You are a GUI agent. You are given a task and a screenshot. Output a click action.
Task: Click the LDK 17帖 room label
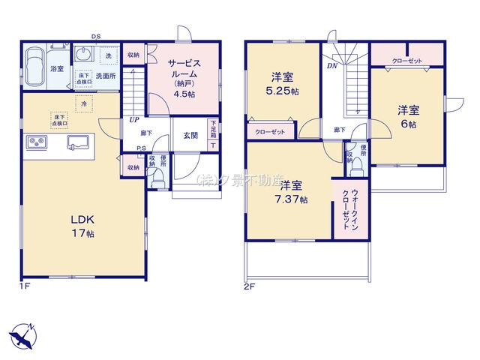point(82,225)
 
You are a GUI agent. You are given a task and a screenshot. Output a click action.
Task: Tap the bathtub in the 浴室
point(34,69)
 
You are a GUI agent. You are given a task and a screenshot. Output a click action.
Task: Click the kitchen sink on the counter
point(79,142)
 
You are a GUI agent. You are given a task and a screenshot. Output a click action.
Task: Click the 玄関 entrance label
point(190,135)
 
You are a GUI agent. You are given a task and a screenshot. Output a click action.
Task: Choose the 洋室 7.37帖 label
point(288,190)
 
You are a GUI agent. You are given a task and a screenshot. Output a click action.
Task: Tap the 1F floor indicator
point(25,286)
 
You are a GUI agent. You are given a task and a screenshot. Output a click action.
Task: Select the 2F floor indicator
point(250,286)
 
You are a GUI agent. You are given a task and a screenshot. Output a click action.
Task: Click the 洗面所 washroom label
point(103,76)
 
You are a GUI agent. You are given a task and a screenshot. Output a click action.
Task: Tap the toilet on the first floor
point(158,178)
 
